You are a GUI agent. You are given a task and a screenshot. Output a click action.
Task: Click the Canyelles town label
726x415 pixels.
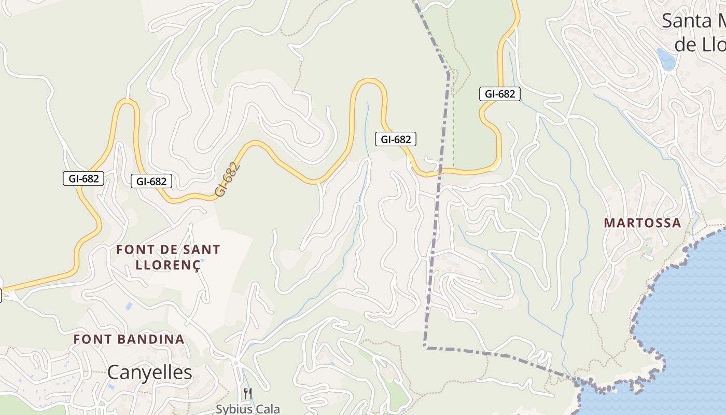coord(149,372)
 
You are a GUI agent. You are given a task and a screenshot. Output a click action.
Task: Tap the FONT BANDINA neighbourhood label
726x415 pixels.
coord(129,340)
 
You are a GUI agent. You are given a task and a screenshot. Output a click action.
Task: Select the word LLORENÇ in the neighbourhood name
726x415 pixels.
coord(167,265)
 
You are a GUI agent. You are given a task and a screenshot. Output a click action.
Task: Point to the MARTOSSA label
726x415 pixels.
coord(643,223)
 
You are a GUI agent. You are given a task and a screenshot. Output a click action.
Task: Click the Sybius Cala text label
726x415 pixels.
coord(248,409)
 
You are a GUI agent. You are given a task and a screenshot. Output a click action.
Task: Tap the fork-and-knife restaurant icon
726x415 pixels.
coord(248,394)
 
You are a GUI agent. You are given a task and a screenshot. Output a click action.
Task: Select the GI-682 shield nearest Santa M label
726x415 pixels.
coord(499,94)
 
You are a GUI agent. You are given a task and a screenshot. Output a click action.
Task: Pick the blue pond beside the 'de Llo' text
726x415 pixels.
coord(666,59)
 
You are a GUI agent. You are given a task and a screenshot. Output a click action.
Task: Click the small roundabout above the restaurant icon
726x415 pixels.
coord(235,363)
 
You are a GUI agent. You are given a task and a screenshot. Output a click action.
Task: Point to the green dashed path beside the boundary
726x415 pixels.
coord(454,119)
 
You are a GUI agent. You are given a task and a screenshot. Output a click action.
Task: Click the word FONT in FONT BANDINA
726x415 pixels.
coord(91,340)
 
